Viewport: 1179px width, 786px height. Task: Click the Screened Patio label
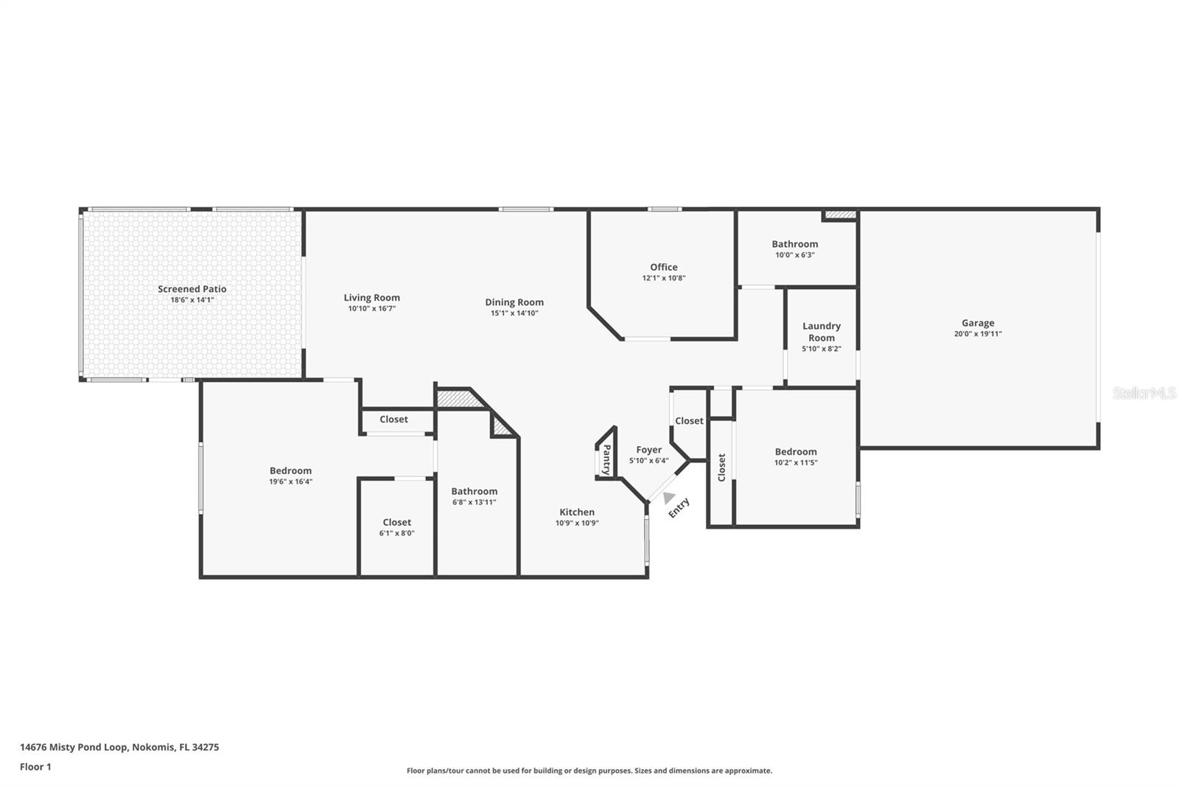[x=192, y=289]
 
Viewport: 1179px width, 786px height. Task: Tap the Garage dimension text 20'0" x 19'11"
[x=977, y=334]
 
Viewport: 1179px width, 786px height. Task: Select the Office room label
[x=663, y=267]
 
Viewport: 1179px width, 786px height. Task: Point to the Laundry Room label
[x=821, y=332]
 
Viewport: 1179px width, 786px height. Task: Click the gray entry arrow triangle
[x=668, y=498]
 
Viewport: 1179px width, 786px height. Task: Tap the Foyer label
[x=648, y=450]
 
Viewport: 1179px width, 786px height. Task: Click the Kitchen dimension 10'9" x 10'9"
[x=576, y=524]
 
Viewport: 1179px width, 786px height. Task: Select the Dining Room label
[x=514, y=302]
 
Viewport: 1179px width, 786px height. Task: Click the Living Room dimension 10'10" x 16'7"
[x=371, y=309]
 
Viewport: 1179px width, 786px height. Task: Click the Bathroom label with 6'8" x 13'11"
[x=474, y=491]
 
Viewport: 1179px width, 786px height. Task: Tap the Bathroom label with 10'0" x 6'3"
[x=794, y=244]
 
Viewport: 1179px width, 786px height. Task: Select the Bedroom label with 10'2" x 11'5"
[x=795, y=452]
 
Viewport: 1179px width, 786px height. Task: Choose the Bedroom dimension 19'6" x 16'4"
[x=290, y=481]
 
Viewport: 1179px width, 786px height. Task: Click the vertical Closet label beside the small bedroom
[x=721, y=467]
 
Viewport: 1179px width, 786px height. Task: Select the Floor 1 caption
[x=35, y=767]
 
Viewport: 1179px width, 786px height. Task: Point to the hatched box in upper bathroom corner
[x=840, y=215]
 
